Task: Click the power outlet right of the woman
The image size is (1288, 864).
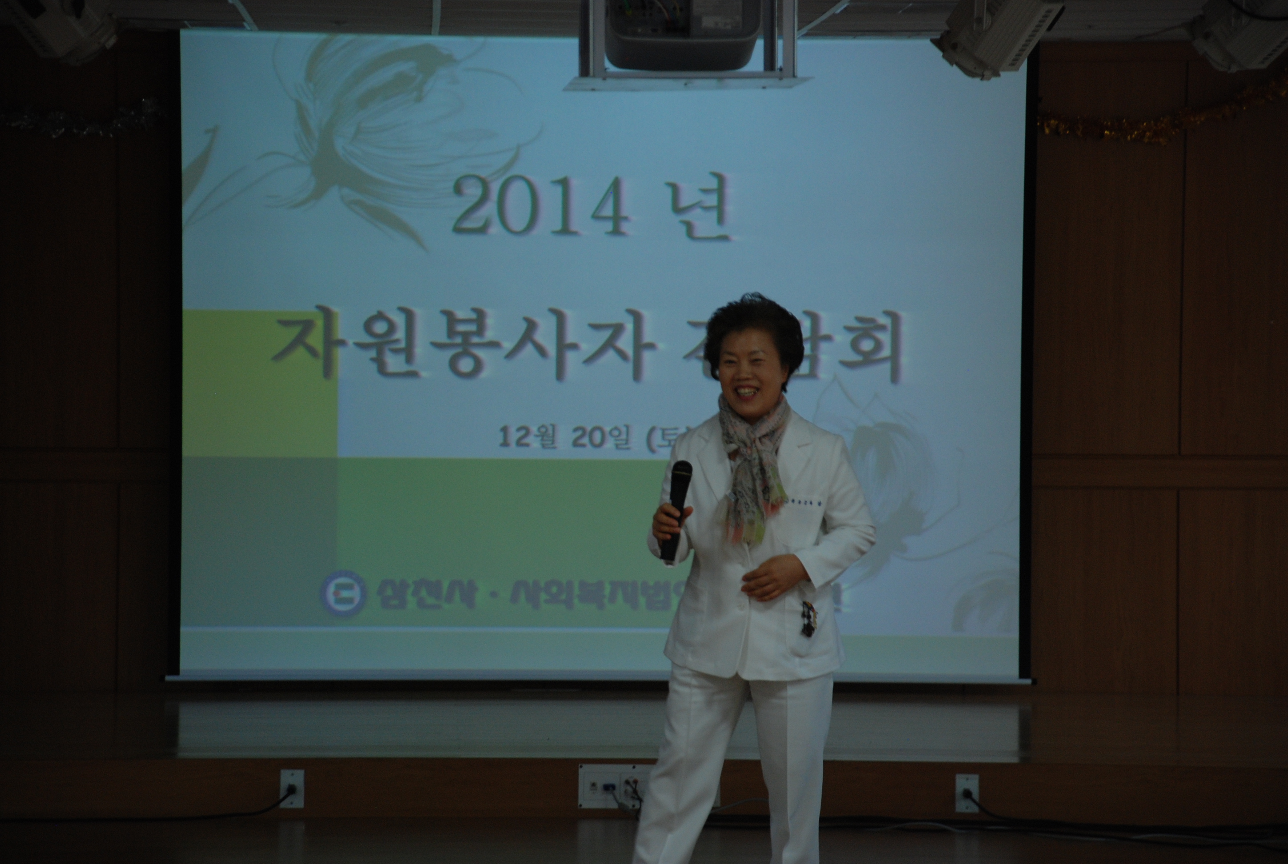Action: click(x=966, y=792)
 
